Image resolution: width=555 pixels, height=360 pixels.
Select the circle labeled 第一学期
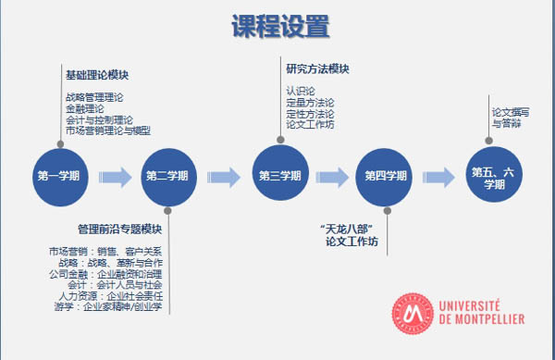point(60,176)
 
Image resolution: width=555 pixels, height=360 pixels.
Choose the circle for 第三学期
point(279,175)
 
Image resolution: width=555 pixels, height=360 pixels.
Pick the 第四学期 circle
point(385,176)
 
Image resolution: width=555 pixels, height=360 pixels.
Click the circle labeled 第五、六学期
point(494,176)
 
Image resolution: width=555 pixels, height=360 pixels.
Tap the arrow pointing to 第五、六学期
point(439,176)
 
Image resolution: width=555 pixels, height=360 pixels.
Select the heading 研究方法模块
point(317,68)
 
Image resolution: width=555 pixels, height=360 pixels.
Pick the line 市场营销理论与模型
point(108,130)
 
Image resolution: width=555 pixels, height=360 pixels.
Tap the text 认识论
point(301,91)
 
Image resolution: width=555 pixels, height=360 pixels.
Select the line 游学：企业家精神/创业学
point(114,306)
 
